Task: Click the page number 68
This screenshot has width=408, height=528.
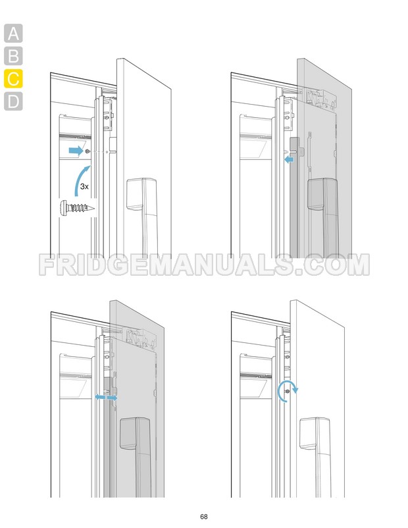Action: point(204,516)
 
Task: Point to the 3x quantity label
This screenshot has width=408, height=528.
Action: point(84,187)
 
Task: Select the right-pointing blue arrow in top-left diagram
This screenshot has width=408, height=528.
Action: point(76,151)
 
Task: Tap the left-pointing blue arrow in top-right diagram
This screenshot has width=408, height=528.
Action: point(288,158)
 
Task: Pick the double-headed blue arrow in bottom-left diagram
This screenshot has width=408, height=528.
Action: point(106,398)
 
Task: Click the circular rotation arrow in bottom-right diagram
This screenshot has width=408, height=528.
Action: point(287,390)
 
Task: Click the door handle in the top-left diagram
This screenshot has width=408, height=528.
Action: point(142,198)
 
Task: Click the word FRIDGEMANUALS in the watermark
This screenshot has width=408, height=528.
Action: point(165,265)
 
